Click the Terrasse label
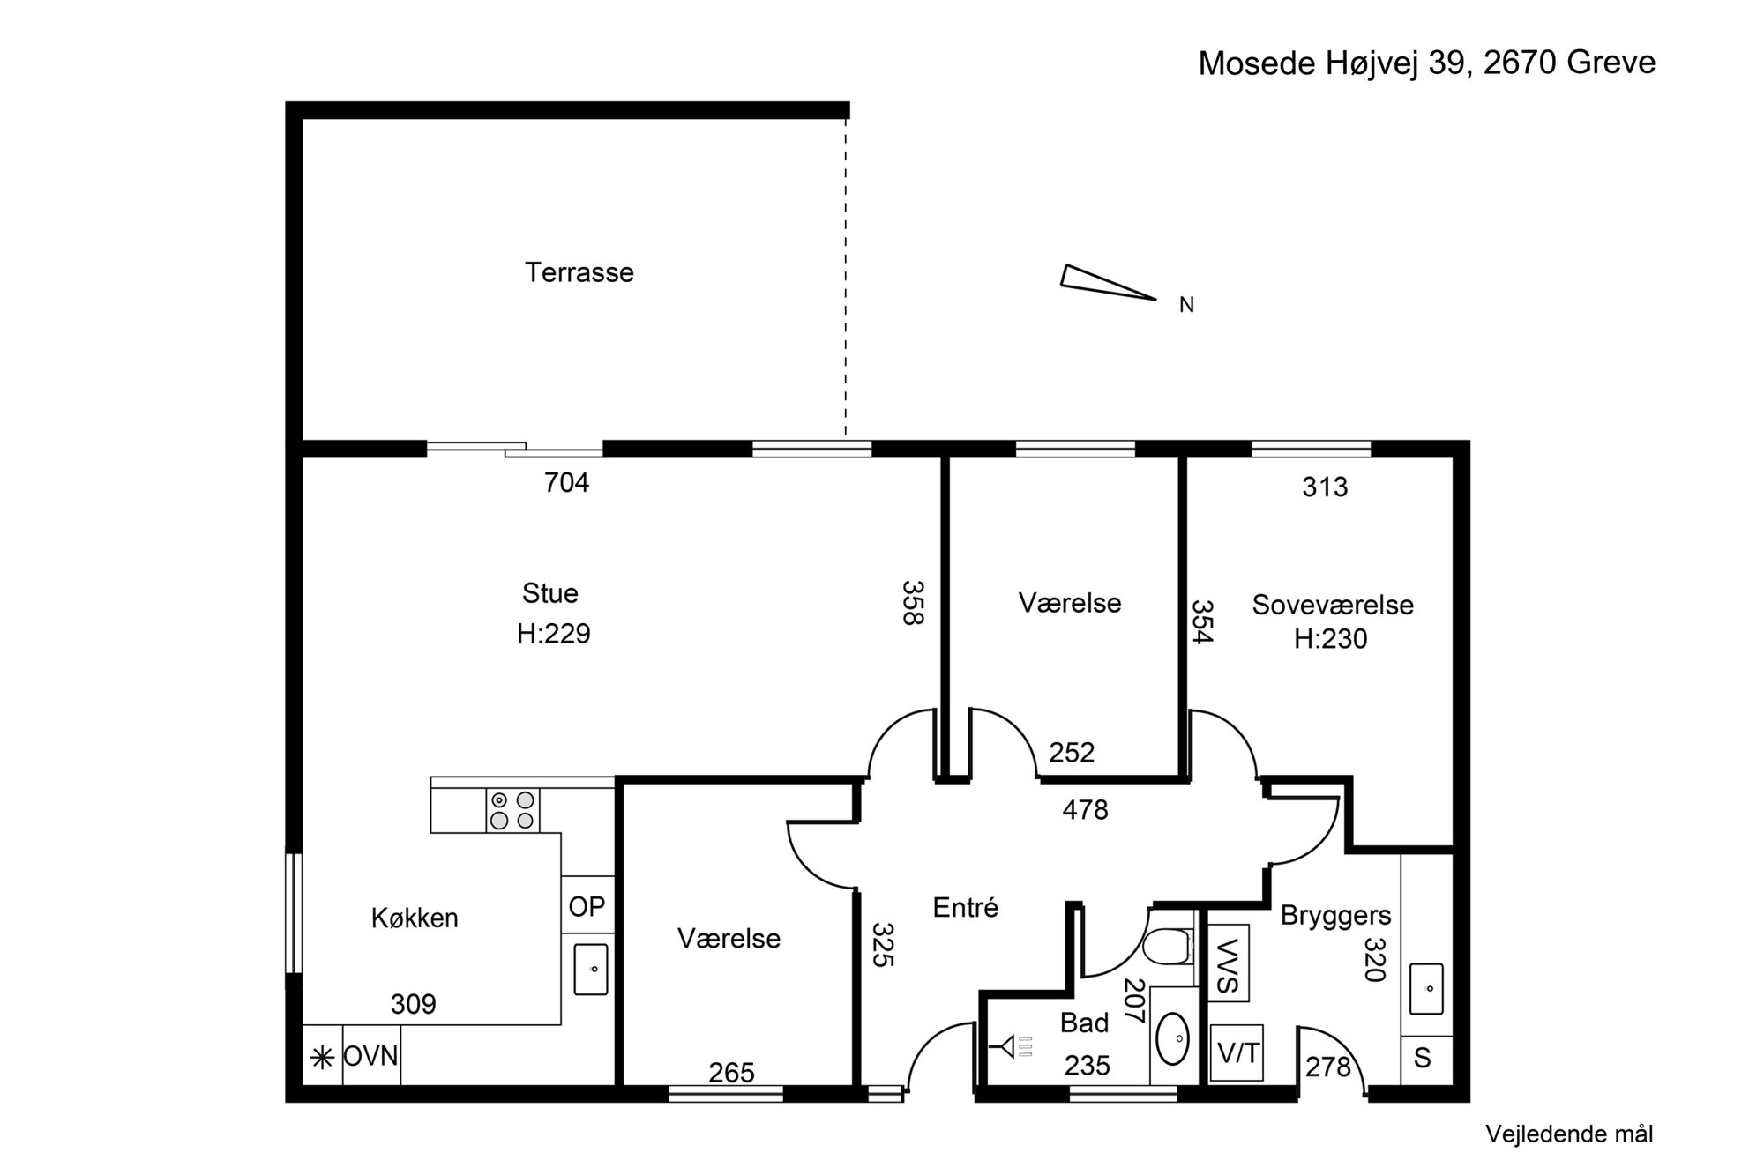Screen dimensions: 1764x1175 579,272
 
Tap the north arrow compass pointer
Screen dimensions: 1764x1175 1108,282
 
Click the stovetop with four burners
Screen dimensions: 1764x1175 512,811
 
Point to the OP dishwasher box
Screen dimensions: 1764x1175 587,905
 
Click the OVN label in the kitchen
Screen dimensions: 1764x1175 370,1056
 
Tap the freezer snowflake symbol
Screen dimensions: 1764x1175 323,1056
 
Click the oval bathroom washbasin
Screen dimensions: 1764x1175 1173,1038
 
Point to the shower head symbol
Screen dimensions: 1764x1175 1012,1047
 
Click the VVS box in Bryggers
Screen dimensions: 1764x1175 1228,963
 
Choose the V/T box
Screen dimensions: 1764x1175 1237,1052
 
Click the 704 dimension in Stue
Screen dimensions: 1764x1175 566,482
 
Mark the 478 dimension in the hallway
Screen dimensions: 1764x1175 1085,809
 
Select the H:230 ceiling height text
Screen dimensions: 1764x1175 1330,638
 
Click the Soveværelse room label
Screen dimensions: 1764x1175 1333,605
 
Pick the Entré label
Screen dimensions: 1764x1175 965,907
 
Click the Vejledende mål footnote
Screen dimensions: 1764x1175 1569,1134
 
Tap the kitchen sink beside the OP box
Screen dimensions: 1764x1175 591,969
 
